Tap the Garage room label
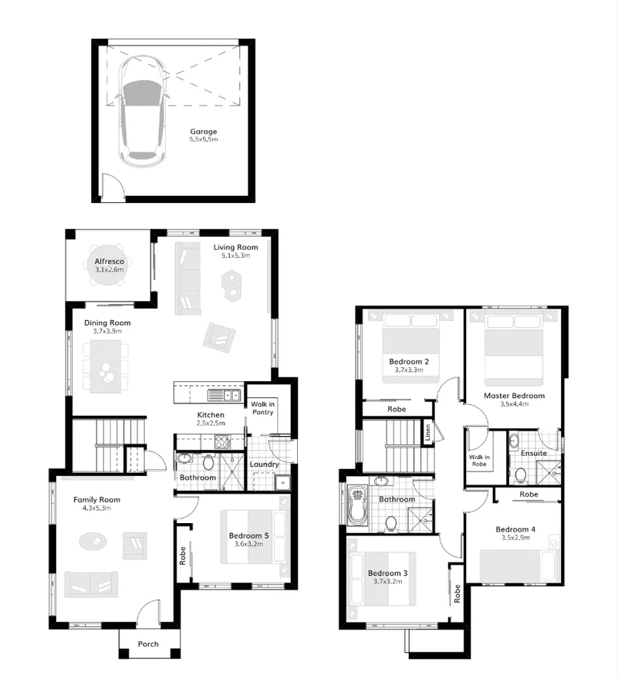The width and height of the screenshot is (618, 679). [204, 131]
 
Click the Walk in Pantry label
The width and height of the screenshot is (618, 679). [263, 407]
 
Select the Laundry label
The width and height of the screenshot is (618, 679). [265, 464]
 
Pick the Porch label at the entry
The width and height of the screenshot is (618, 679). [148, 644]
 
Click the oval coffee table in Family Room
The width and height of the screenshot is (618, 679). [92, 541]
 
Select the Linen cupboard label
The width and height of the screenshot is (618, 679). [426, 434]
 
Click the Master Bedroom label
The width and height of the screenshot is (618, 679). [514, 395]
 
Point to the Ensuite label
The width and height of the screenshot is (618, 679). [533, 453]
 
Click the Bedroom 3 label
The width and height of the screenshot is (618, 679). [389, 573]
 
